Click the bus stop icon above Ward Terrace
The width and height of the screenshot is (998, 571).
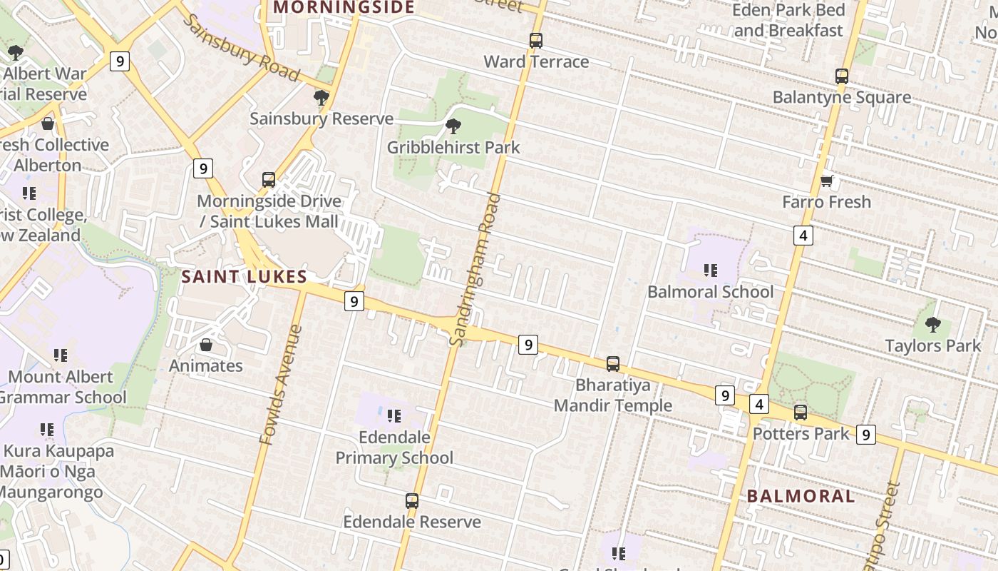click(x=535, y=41)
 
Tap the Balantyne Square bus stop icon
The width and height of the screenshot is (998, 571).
click(x=842, y=76)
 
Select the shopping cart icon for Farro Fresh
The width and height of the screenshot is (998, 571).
click(x=826, y=181)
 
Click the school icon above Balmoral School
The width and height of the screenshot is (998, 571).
click(x=710, y=271)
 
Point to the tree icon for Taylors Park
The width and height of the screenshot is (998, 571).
click(x=932, y=325)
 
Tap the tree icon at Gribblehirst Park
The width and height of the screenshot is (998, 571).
click(x=453, y=127)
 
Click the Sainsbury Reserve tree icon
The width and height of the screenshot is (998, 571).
click(x=321, y=98)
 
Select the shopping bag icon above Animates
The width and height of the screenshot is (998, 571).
click(x=206, y=345)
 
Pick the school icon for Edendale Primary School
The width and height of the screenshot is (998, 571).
click(x=394, y=416)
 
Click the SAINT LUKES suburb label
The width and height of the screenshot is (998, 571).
click(x=244, y=277)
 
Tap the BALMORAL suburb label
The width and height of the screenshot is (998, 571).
click(x=801, y=497)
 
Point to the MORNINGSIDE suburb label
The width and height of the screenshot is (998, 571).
click(x=344, y=8)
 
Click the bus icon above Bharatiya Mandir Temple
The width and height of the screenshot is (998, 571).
click(x=612, y=364)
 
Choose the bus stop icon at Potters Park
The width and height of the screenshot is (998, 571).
click(x=801, y=413)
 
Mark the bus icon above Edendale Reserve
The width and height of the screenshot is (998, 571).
click(x=411, y=501)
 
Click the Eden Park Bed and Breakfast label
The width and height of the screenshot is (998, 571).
click(x=789, y=20)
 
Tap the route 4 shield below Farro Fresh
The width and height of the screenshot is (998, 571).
click(x=803, y=235)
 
